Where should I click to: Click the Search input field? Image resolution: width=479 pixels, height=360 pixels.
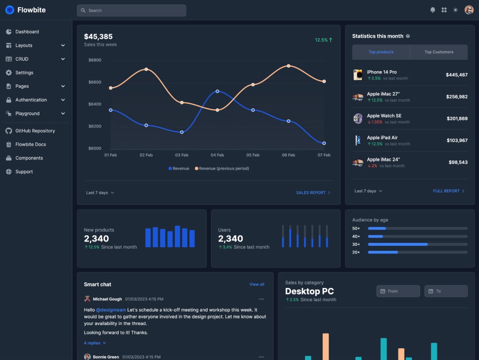131,10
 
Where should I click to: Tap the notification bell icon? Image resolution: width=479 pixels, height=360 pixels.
433,10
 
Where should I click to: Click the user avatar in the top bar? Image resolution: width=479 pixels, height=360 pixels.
469,10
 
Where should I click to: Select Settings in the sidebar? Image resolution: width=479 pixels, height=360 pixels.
24,73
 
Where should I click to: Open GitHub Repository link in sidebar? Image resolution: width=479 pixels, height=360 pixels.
35,131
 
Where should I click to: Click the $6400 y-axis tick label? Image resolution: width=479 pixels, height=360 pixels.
95,104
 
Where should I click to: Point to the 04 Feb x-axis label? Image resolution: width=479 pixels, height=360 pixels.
217,155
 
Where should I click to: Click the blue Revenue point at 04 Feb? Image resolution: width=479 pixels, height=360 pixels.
217,91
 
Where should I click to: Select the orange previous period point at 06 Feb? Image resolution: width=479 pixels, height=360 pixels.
289,66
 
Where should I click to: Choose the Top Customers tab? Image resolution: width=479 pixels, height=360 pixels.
439,52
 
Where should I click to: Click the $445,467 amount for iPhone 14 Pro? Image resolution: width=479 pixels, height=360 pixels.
456,75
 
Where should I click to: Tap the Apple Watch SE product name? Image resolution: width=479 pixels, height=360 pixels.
384,116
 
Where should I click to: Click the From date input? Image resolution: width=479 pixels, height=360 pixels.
398,291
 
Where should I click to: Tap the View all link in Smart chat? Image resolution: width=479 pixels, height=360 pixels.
257,284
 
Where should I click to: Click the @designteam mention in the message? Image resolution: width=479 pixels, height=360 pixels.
111,310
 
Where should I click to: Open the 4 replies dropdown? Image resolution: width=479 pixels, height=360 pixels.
95,343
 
